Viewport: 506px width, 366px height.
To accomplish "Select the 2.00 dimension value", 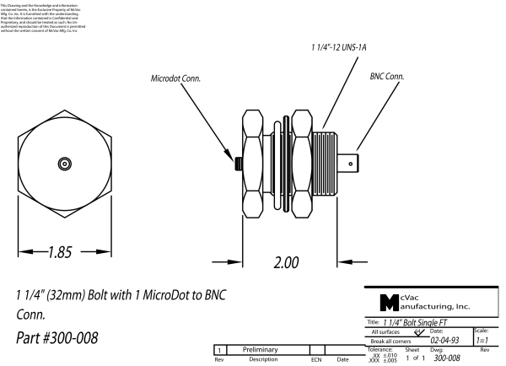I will click(x=287, y=261).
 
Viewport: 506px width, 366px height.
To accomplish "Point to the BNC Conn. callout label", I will click(x=387, y=76).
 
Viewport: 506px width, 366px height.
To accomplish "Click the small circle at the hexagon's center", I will click(x=64, y=162).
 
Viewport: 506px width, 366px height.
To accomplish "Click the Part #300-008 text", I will click(x=57, y=338).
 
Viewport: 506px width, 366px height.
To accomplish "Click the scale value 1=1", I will click(x=485, y=341).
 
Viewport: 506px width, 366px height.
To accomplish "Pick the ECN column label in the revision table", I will click(x=316, y=359).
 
